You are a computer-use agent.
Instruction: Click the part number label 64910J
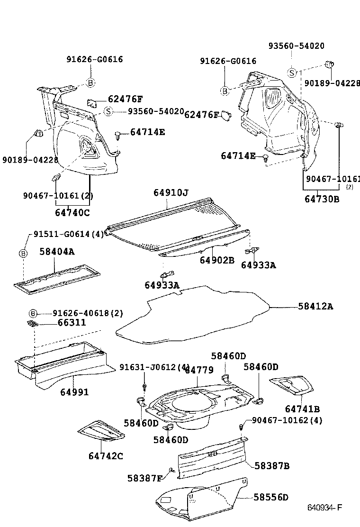[x=171, y=193]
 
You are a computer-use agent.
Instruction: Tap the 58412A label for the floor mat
[x=315, y=307]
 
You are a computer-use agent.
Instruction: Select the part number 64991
[x=74, y=392]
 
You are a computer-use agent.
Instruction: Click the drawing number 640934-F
[x=324, y=508]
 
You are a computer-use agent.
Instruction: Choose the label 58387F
[x=145, y=478]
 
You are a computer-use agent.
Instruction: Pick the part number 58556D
[x=271, y=497]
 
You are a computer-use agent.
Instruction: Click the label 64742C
[x=106, y=456]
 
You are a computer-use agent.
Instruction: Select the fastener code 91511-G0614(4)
[x=68, y=234]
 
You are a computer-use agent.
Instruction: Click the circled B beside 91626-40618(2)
[x=33, y=313]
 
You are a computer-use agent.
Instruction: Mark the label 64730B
[x=322, y=199]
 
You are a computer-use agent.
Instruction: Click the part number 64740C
[x=72, y=213]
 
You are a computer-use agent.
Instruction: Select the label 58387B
[x=272, y=466]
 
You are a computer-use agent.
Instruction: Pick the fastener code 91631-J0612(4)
[x=154, y=367]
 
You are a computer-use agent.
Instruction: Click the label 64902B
[x=217, y=260]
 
